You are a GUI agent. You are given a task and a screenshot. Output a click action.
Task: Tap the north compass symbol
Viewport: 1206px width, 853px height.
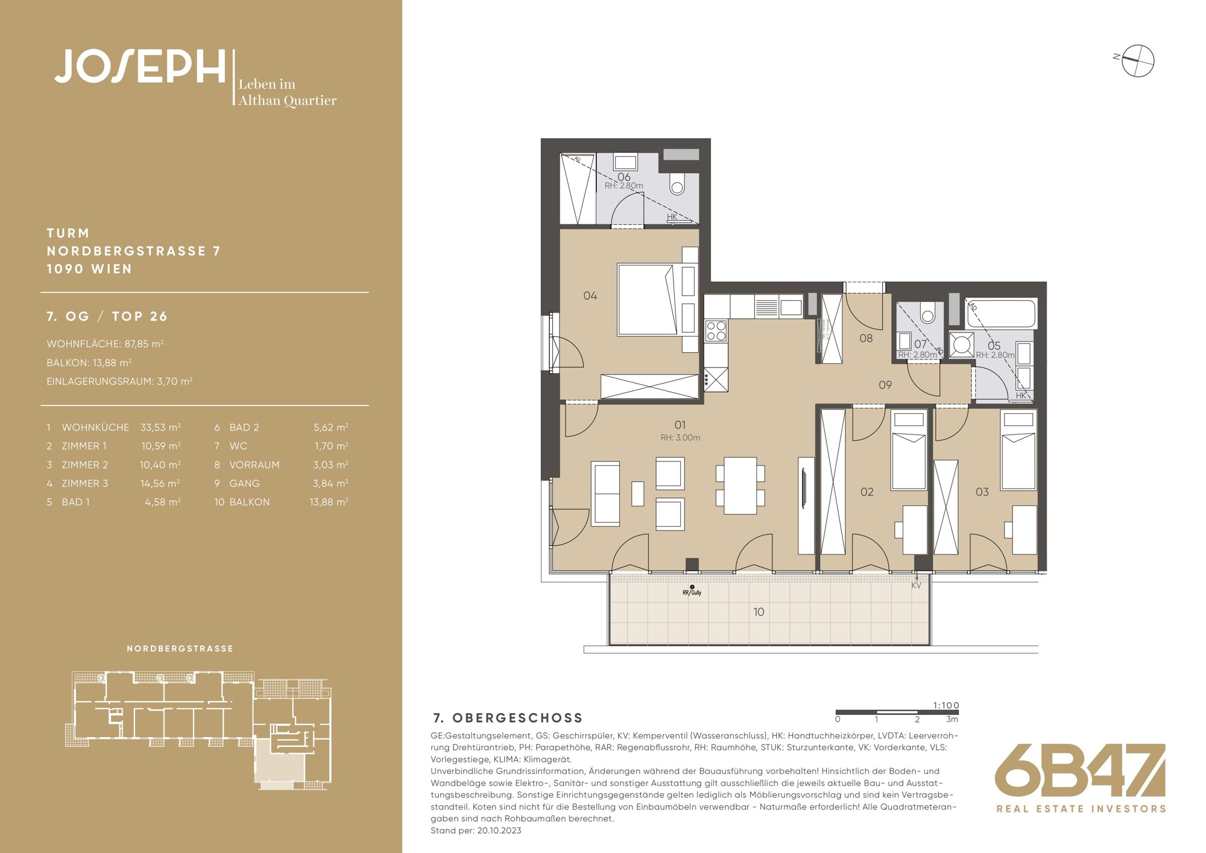tap(1138, 61)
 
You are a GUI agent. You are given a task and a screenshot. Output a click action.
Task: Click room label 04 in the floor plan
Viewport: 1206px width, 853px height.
tap(590, 296)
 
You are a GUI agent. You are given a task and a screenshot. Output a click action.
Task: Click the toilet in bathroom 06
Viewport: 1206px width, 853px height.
tap(678, 183)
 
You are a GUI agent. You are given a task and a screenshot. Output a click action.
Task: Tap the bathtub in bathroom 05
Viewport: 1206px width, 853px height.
tap(1001, 313)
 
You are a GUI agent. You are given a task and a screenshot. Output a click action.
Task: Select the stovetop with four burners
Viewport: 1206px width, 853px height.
tap(716, 331)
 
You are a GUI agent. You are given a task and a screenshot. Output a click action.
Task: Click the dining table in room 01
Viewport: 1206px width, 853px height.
tap(740, 486)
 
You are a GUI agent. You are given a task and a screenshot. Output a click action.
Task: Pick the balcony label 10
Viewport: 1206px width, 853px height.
tap(759, 612)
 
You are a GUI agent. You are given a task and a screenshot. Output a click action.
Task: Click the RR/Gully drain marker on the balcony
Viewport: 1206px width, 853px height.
tap(692, 591)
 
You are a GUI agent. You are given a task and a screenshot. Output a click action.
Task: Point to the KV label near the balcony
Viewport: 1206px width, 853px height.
tap(916, 585)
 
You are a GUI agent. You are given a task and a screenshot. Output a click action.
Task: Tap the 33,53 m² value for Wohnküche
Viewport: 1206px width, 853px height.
tap(160, 427)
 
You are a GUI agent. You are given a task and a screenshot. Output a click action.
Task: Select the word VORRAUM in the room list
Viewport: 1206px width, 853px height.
tap(254, 465)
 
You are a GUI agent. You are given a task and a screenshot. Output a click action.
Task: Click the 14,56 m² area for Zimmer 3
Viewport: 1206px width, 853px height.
tap(160, 483)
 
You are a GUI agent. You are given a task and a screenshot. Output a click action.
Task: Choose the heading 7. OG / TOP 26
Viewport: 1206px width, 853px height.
tap(107, 316)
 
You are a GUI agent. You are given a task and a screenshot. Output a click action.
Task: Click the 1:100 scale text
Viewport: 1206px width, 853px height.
tap(946, 705)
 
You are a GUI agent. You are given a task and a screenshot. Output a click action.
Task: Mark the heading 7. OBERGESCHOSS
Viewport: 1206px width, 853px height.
tap(508, 718)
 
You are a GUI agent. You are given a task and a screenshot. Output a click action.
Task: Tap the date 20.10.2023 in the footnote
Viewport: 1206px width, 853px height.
tap(499, 831)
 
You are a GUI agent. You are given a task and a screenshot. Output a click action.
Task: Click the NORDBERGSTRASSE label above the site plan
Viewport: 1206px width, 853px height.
tap(180, 648)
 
